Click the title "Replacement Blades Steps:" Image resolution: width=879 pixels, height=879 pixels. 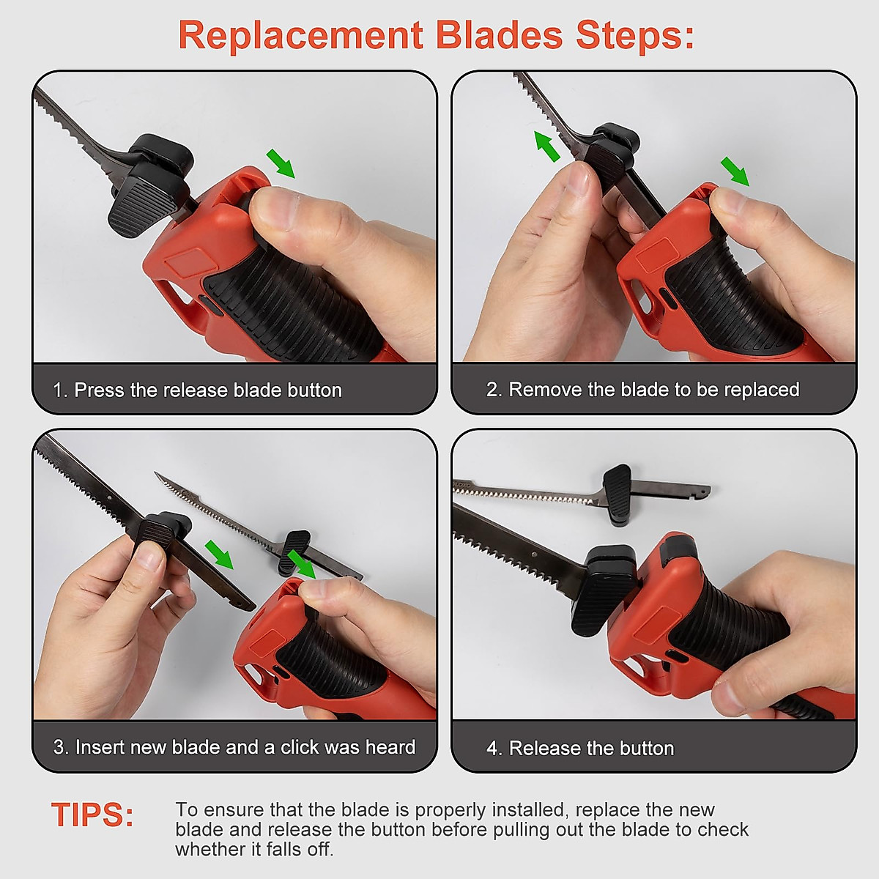click(437, 35)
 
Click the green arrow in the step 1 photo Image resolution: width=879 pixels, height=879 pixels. click(281, 163)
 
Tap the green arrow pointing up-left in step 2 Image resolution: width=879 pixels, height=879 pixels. click(546, 146)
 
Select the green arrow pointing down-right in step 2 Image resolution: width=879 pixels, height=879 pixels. click(735, 171)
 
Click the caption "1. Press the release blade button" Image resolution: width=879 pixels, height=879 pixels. click(197, 390)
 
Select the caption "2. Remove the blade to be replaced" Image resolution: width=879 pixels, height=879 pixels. click(642, 390)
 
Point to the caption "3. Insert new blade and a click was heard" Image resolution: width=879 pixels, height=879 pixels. click(234, 747)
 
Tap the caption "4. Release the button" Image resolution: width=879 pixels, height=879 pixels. click(580, 748)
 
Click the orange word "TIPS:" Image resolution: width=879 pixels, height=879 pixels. click(92, 815)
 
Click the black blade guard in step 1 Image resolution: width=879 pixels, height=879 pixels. click(146, 187)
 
